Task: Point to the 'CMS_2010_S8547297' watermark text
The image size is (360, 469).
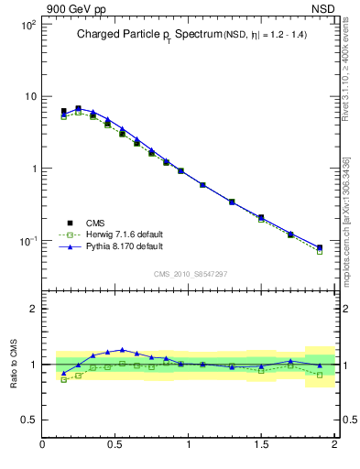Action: [190, 274]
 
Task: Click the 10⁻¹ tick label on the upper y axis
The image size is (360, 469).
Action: [27, 241]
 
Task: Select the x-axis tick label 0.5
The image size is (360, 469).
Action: [115, 445]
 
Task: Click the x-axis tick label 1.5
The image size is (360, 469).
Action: [261, 445]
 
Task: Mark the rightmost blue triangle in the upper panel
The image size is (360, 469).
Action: [320, 246]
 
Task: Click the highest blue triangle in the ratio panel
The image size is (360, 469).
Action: [122, 350]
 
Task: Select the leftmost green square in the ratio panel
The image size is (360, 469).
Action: [63, 379]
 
